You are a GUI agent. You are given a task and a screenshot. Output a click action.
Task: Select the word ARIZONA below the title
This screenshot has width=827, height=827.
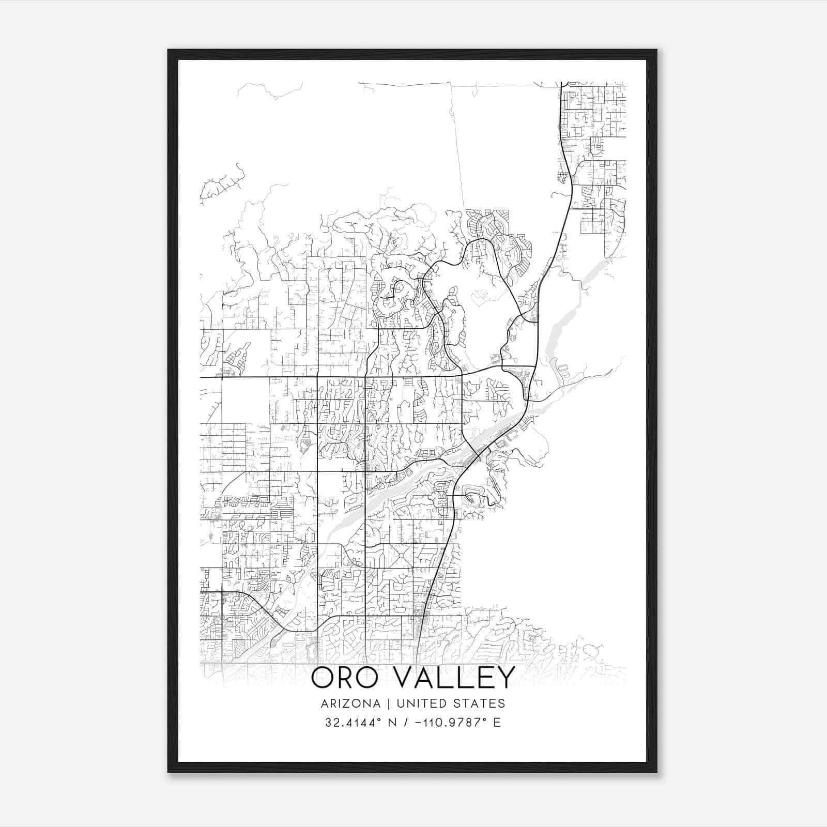point(350,703)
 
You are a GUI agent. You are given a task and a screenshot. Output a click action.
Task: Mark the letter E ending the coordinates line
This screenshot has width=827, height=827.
point(497,723)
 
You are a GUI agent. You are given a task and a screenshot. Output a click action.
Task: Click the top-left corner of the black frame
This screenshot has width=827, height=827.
point(169,50)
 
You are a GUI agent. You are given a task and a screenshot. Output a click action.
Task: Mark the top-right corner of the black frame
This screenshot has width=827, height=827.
point(656,50)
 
